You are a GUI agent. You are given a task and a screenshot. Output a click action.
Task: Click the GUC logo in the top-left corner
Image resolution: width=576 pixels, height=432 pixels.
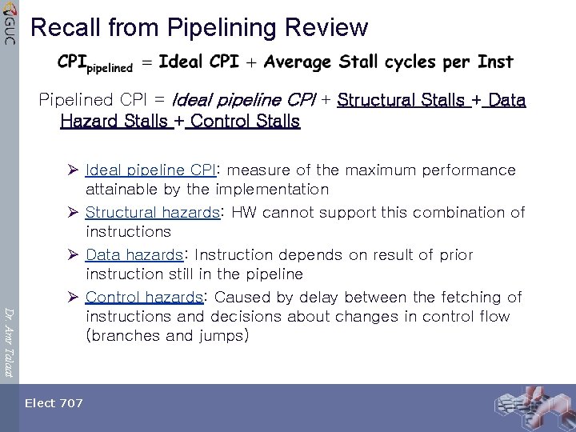[9, 22]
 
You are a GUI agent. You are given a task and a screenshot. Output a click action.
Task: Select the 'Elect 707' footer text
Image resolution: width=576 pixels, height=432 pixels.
[54, 403]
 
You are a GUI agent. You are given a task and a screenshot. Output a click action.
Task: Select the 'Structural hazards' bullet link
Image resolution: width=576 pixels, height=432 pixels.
[152, 212]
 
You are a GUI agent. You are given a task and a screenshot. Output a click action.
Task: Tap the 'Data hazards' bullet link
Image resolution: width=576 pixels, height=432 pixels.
[134, 254]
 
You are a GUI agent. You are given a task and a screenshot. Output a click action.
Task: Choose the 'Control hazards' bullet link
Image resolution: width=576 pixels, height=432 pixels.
[144, 297]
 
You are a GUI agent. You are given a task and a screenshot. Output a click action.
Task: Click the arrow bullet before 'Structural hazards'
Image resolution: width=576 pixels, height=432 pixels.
[73, 212]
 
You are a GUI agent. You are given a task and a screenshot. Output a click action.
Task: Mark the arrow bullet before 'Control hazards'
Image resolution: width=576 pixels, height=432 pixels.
[73, 297]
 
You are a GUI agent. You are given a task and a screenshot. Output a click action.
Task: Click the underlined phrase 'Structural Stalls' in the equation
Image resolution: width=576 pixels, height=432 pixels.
[401, 101]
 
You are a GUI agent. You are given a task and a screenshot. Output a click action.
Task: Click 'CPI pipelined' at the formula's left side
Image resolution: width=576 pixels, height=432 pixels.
[94, 63]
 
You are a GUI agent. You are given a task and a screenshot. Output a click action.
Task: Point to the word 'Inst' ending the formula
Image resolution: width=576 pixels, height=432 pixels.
[495, 62]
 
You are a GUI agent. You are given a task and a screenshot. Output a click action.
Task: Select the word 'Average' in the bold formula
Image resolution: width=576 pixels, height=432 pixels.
[298, 62]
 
